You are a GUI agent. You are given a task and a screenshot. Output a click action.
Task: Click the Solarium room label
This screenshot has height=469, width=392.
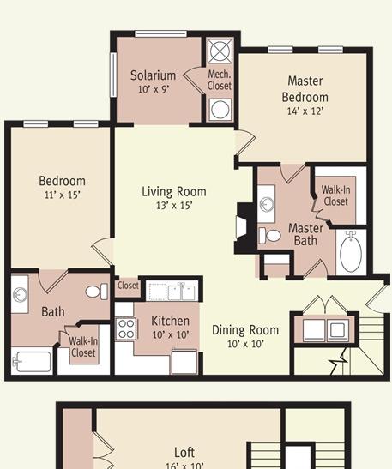click(153, 75)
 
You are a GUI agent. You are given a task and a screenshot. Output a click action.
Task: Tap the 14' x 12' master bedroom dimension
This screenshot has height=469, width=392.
click(305, 111)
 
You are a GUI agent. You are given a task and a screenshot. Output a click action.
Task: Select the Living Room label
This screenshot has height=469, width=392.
click(174, 192)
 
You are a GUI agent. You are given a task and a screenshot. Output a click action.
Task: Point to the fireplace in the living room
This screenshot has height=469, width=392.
click(243, 228)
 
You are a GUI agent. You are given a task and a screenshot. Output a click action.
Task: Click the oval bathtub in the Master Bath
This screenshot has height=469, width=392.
click(351, 251)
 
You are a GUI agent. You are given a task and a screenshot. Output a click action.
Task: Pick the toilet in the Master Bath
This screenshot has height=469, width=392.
click(270, 236)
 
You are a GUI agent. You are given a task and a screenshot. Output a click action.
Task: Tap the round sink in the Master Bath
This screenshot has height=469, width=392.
click(267, 204)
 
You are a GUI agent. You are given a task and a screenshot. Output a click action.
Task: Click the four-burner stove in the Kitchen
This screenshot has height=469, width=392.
click(126, 328)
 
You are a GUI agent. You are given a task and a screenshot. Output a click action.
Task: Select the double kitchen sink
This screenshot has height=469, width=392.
click(182, 292)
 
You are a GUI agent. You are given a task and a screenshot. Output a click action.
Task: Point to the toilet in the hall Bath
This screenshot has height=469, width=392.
click(97, 292)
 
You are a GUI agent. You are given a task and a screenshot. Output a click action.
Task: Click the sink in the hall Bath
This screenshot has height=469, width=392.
click(21, 295)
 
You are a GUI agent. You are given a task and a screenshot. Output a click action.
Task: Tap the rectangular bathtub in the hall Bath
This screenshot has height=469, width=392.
click(33, 362)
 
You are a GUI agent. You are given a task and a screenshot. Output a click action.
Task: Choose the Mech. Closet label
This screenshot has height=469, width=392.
click(220, 80)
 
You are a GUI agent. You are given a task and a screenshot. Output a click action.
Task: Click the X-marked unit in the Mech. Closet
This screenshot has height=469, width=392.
click(220, 51)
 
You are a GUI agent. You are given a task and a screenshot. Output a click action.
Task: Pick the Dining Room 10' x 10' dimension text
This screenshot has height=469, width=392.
click(245, 344)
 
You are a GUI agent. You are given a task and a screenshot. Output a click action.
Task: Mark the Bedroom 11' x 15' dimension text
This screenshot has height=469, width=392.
click(63, 195)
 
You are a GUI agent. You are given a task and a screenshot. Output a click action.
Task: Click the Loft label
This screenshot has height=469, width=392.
click(184, 452)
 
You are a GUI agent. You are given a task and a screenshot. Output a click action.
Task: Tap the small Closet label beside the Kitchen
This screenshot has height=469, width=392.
click(128, 286)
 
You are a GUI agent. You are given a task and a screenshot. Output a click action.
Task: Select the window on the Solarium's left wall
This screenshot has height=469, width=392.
click(113, 75)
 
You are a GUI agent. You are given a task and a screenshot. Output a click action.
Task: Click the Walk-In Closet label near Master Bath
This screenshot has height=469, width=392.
click(335, 195)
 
